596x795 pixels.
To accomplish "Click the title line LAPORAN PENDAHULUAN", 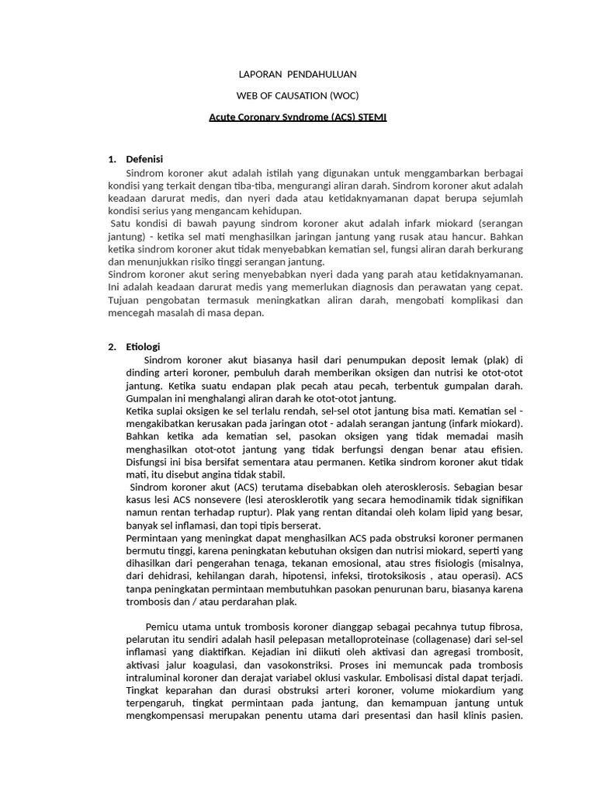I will point(297,75).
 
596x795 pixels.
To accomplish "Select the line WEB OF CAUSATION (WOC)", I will point(297,95).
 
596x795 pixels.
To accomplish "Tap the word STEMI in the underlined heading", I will point(370,117).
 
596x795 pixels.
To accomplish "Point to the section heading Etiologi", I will point(143,346).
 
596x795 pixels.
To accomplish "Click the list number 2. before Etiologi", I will point(113,346).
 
